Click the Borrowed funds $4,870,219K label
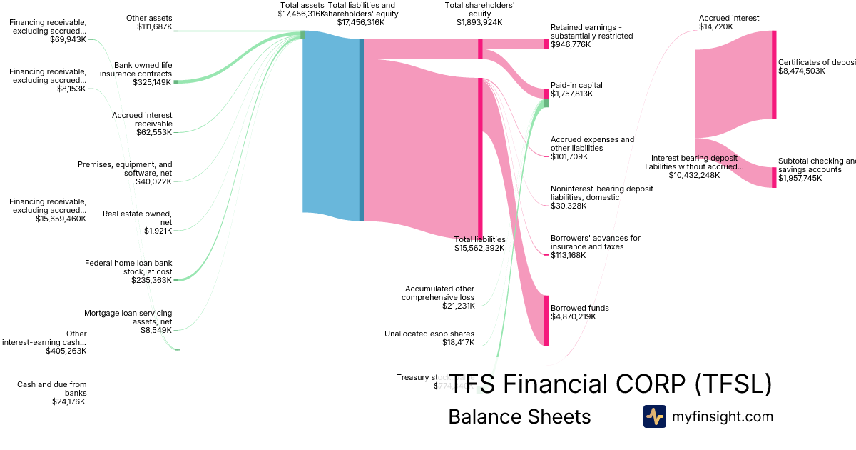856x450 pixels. [579, 312]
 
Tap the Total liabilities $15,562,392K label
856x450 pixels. [479, 244]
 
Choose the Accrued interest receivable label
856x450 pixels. [142, 124]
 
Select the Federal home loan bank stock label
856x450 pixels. [128, 271]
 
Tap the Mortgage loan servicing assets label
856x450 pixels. [128, 321]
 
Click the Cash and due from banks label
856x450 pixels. [51, 393]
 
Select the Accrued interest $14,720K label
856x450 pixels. [728, 22]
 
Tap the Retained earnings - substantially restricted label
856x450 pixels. [591, 36]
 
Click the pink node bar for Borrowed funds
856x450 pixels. [547, 321]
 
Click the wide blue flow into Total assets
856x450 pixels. [332, 126]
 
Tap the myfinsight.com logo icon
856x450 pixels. [654, 416]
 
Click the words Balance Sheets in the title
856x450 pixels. [519, 416]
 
